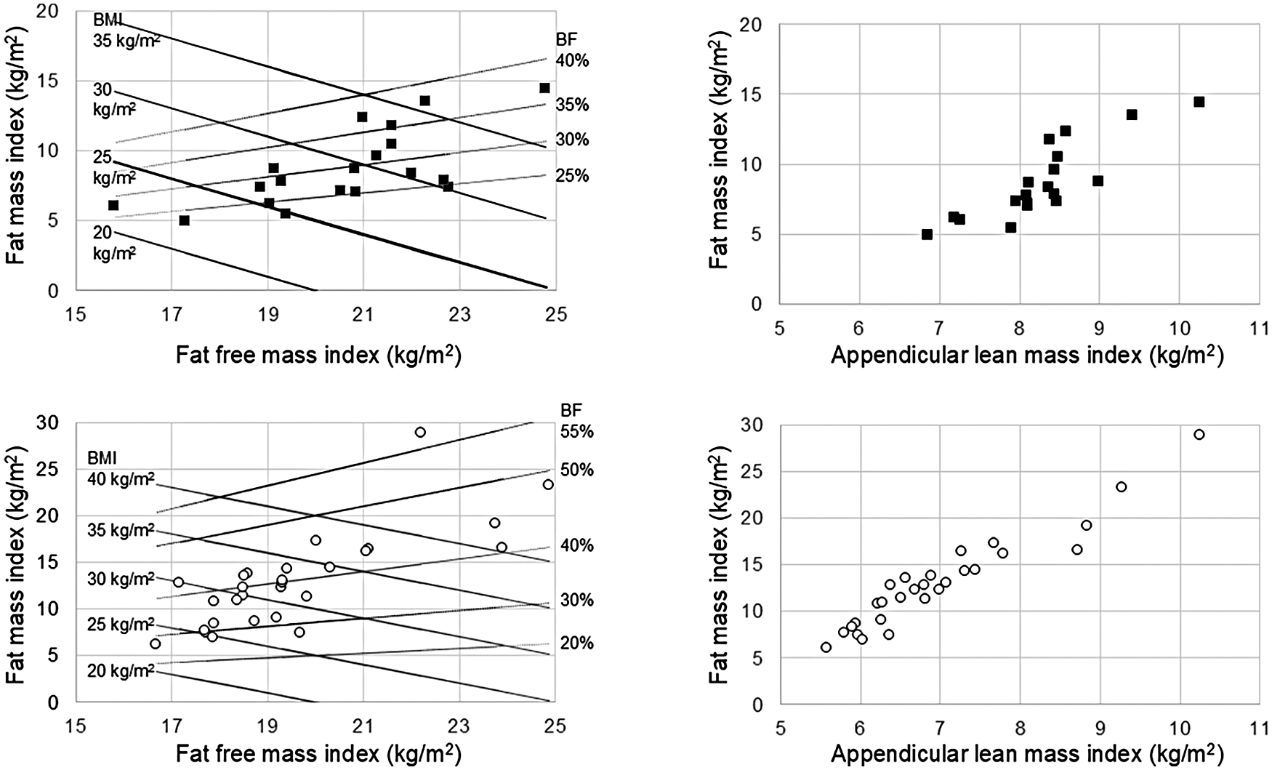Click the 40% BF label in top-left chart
pyautogui.click(x=572, y=61)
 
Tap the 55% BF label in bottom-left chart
pyautogui.click(x=576, y=432)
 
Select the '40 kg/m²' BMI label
pyautogui.click(x=121, y=479)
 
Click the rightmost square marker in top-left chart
pyautogui.click(x=544, y=88)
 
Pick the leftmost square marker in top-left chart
pyautogui.click(x=113, y=205)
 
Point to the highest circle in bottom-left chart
pyautogui.click(x=420, y=432)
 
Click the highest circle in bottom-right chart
pyautogui.click(x=1199, y=435)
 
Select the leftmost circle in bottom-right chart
pyautogui.click(x=826, y=647)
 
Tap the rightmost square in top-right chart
pyautogui.click(x=1199, y=102)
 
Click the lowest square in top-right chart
pyautogui.click(x=927, y=234)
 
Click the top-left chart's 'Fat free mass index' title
pyautogui.click(x=318, y=356)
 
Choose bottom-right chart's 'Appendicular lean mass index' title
pyautogui.click(x=1026, y=754)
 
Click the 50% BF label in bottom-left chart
pyautogui.click(x=576, y=470)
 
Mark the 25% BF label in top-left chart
pyautogui.click(x=572, y=176)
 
